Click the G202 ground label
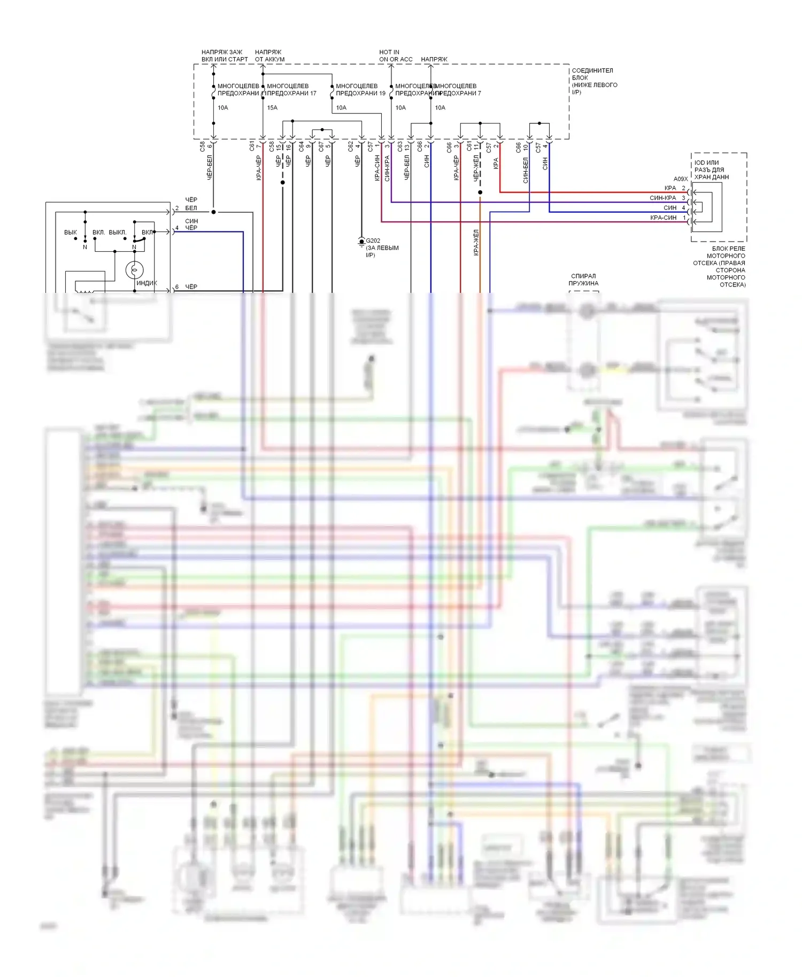[x=373, y=241]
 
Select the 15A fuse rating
[x=272, y=108]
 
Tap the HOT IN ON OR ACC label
[x=395, y=56]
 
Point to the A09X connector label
[x=680, y=179]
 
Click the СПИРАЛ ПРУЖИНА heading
[x=583, y=280]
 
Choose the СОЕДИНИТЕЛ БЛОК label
[x=594, y=81]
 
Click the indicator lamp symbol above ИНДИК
[x=134, y=270]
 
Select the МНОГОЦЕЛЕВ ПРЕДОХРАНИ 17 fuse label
[x=291, y=89]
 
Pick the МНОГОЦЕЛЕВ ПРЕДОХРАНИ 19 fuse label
[x=360, y=89]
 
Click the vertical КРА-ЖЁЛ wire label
[x=476, y=243]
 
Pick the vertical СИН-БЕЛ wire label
[x=526, y=170]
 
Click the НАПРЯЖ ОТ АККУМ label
[x=269, y=56]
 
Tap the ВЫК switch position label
[x=71, y=232]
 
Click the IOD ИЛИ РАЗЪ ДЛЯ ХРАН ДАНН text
[x=711, y=170]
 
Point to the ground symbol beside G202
[x=361, y=243]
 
